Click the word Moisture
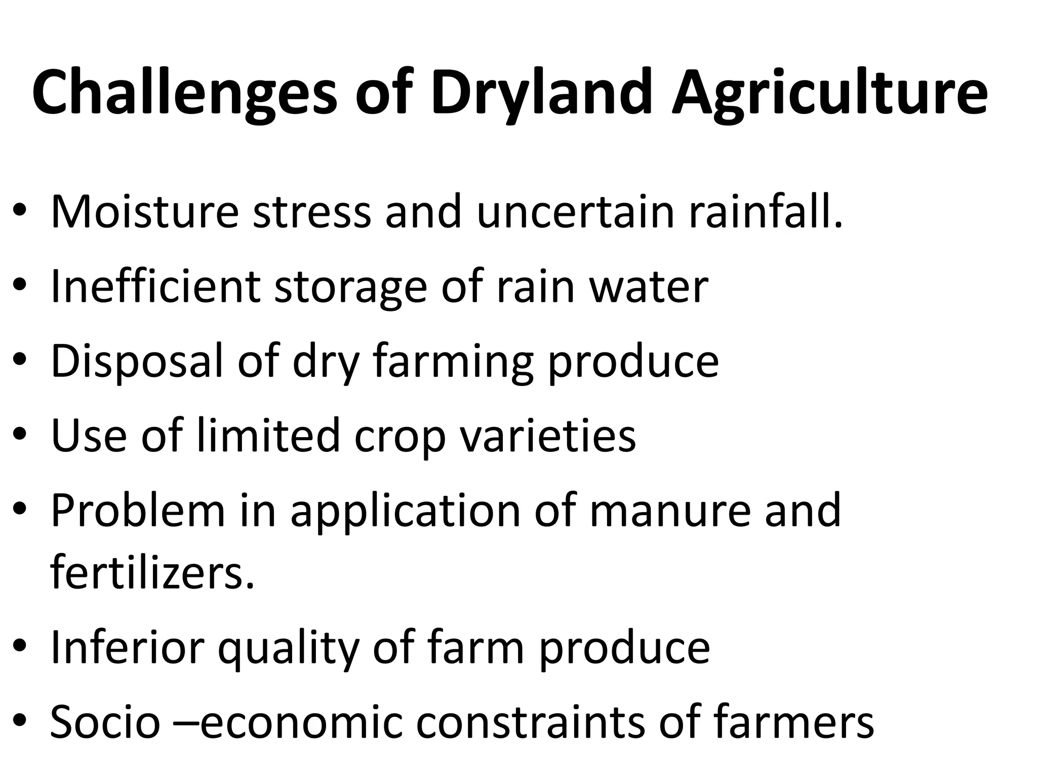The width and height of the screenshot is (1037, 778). point(145,211)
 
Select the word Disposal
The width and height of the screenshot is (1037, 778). point(137,361)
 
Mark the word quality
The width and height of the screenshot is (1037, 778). point(288,648)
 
